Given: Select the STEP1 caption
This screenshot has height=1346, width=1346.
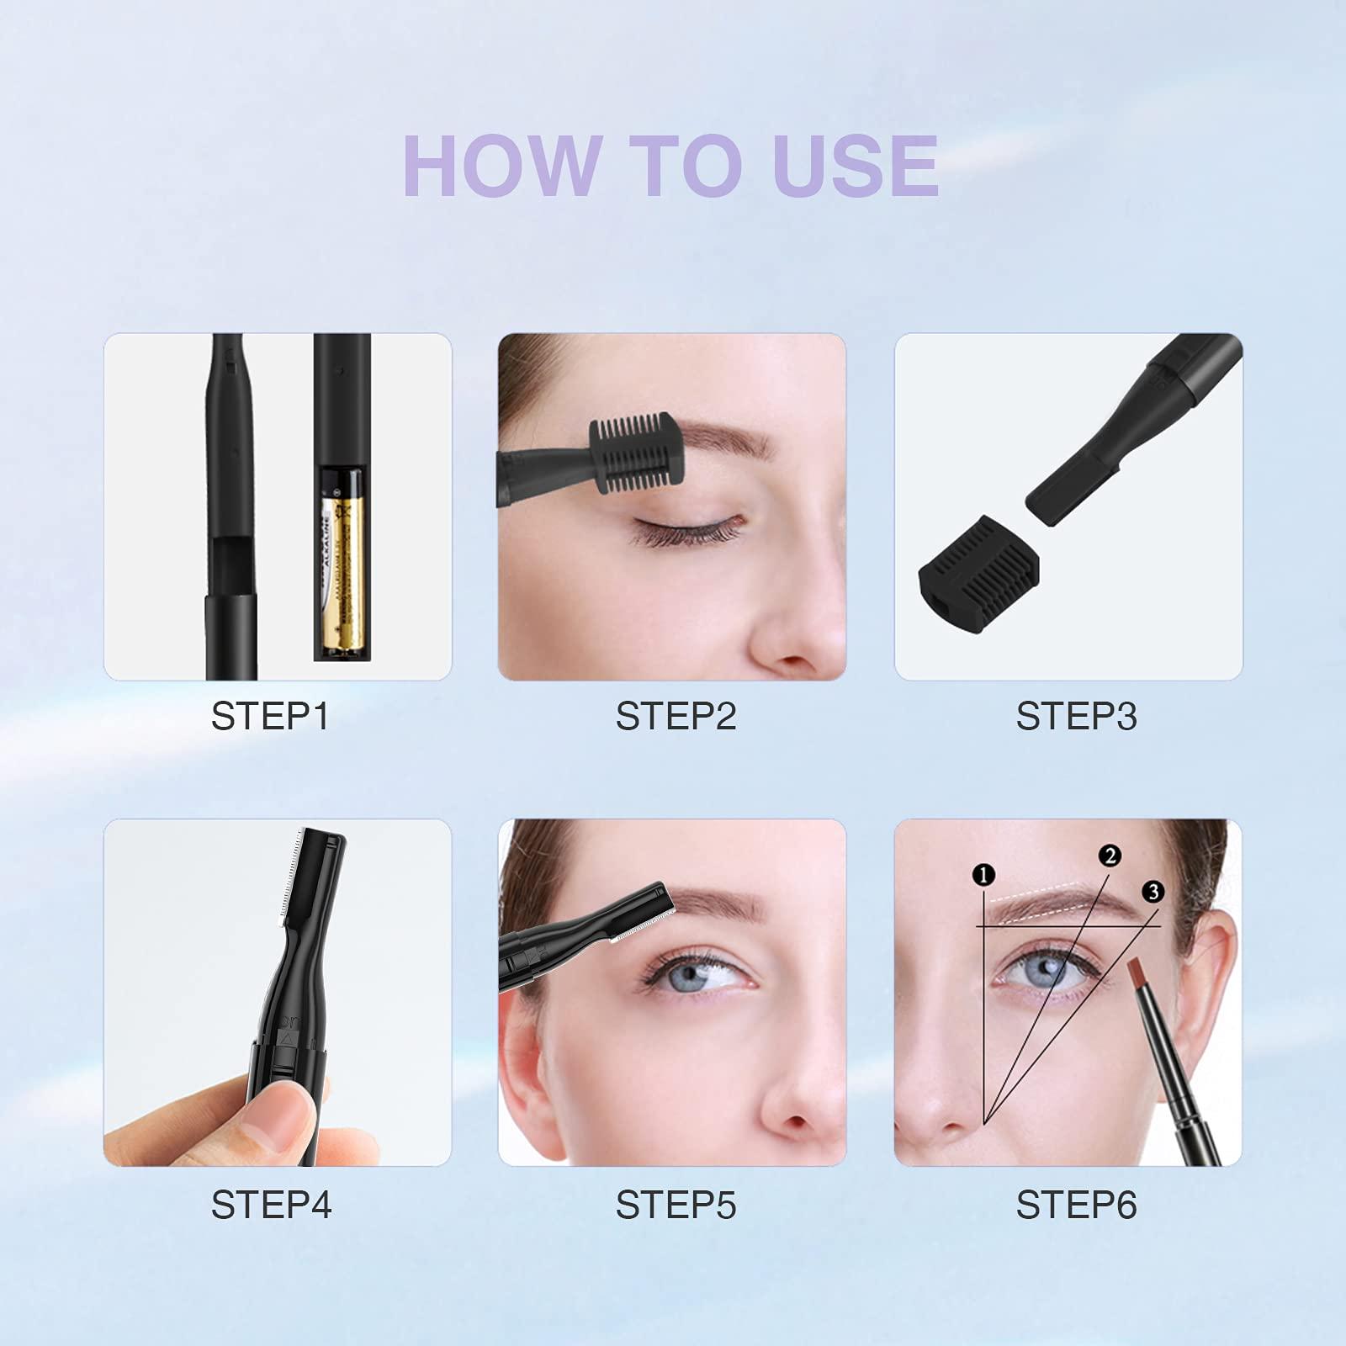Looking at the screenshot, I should pyautogui.click(x=269, y=717).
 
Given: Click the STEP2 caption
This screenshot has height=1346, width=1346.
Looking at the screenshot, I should pyautogui.click(x=676, y=717).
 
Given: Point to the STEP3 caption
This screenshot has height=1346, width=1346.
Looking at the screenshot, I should pyautogui.click(x=1076, y=717).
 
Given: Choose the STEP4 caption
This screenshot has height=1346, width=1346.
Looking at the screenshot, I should pyautogui.click(x=271, y=1205).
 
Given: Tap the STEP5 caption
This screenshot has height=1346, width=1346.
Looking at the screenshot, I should pyautogui.click(x=676, y=1205).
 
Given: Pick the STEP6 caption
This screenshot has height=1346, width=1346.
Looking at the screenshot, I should pyautogui.click(x=1076, y=1205).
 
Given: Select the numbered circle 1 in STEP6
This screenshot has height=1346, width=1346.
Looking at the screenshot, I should pyautogui.click(x=983, y=876).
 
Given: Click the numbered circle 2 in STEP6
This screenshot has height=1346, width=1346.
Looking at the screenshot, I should pyautogui.click(x=1110, y=856).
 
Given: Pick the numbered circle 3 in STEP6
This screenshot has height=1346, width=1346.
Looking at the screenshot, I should pyautogui.click(x=1153, y=892).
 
